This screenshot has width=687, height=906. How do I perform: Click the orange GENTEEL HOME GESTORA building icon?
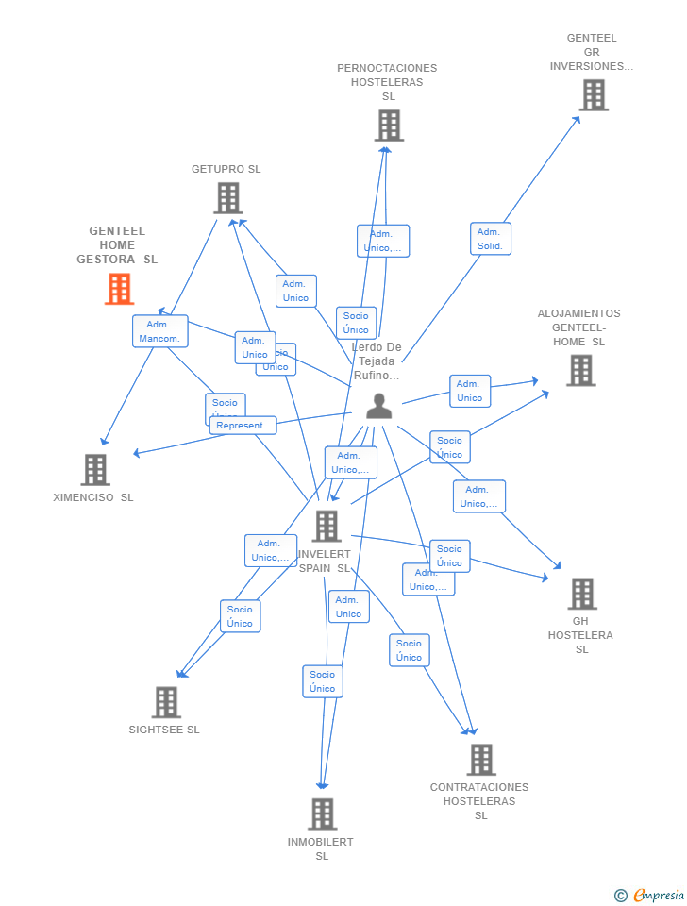[x=119, y=289]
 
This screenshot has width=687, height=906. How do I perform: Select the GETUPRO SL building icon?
[x=228, y=198]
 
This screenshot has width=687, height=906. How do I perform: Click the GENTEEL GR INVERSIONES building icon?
[x=594, y=95]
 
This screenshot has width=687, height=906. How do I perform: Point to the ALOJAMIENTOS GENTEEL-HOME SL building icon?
[x=580, y=371]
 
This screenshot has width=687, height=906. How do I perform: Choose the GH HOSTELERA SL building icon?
[x=582, y=594]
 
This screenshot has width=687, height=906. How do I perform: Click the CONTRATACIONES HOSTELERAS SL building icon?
[x=481, y=760]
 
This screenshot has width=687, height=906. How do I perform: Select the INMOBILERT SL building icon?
[x=323, y=814]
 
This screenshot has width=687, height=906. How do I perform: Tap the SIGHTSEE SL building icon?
[x=166, y=702]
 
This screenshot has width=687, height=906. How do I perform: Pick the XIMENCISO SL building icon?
[x=95, y=469]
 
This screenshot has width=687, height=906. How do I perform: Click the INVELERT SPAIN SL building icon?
[x=327, y=527]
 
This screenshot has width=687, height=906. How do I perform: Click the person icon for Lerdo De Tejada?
[x=378, y=406]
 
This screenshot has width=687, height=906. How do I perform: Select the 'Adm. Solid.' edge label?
[x=491, y=239]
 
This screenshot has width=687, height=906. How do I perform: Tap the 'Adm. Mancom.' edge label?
[x=159, y=331]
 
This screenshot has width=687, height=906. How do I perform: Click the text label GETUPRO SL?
[x=226, y=170]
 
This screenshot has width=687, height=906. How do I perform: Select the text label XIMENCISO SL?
[x=93, y=497]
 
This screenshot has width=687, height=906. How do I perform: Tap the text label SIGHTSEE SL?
[x=164, y=730]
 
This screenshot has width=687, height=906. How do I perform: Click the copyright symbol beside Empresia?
[x=621, y=896]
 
